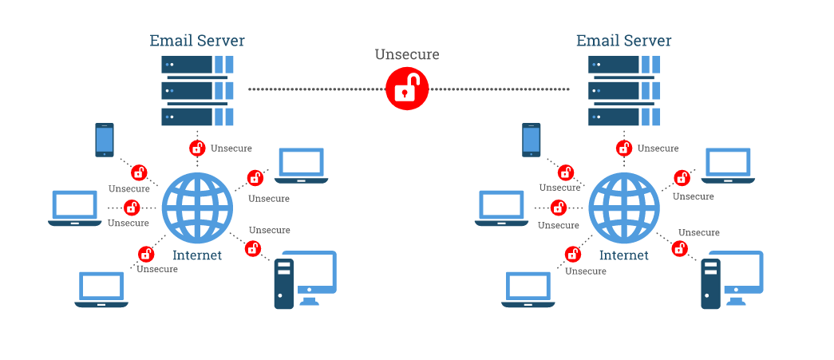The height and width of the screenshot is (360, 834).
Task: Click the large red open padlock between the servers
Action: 407,89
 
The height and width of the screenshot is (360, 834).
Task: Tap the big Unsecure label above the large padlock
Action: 407,54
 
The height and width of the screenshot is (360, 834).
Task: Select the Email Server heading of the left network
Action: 197,40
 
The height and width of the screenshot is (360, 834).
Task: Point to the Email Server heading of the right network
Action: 624,40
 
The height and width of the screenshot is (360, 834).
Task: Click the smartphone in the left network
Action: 105,140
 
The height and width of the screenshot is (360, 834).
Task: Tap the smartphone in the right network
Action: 532,140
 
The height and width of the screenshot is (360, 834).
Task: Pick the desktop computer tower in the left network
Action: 284,283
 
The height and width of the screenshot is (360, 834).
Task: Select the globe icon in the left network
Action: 197,207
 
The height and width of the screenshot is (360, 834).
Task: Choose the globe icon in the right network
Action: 624,207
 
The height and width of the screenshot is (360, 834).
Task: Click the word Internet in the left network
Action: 197,255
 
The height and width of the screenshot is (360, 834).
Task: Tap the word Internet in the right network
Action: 624,255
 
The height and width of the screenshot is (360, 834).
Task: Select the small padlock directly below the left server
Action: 197,148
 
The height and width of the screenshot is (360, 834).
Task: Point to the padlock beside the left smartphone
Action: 139,172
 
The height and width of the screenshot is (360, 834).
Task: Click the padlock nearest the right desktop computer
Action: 680,247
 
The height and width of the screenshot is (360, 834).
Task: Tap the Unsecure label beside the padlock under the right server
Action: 658,148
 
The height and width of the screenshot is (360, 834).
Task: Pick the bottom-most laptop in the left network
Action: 101,290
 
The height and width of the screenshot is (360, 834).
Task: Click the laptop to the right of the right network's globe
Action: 728,166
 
